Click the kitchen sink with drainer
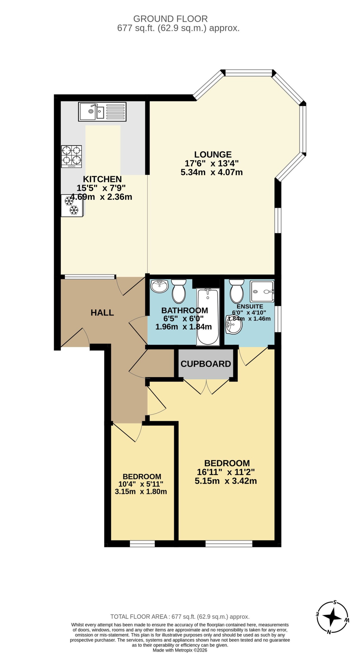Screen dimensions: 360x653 pos(102,112)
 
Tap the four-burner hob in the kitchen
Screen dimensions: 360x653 pos(71,157)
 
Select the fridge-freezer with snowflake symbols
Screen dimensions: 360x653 pos(72,206)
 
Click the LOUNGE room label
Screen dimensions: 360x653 pos(213,155)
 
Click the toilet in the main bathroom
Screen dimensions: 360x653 pos(179,291)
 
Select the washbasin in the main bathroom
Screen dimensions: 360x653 pos(159,286)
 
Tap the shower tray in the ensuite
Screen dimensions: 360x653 pos(262,291)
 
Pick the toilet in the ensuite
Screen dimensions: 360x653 pos(237,291)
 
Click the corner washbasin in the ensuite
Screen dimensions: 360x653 pos(233,324)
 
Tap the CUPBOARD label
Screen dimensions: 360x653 pos(206,364)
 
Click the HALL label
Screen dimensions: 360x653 pos(102,313)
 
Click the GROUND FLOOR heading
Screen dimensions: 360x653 pos(170,19)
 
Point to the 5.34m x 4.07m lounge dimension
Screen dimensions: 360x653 pos(212,172)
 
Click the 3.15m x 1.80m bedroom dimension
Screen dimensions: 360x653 pos(141,492)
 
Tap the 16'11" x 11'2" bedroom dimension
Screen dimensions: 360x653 pos(226,472)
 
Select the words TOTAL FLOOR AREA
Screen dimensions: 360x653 pos(139,617)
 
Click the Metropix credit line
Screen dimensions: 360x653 pos(180,650)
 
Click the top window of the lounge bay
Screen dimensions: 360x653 pos(249,73)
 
